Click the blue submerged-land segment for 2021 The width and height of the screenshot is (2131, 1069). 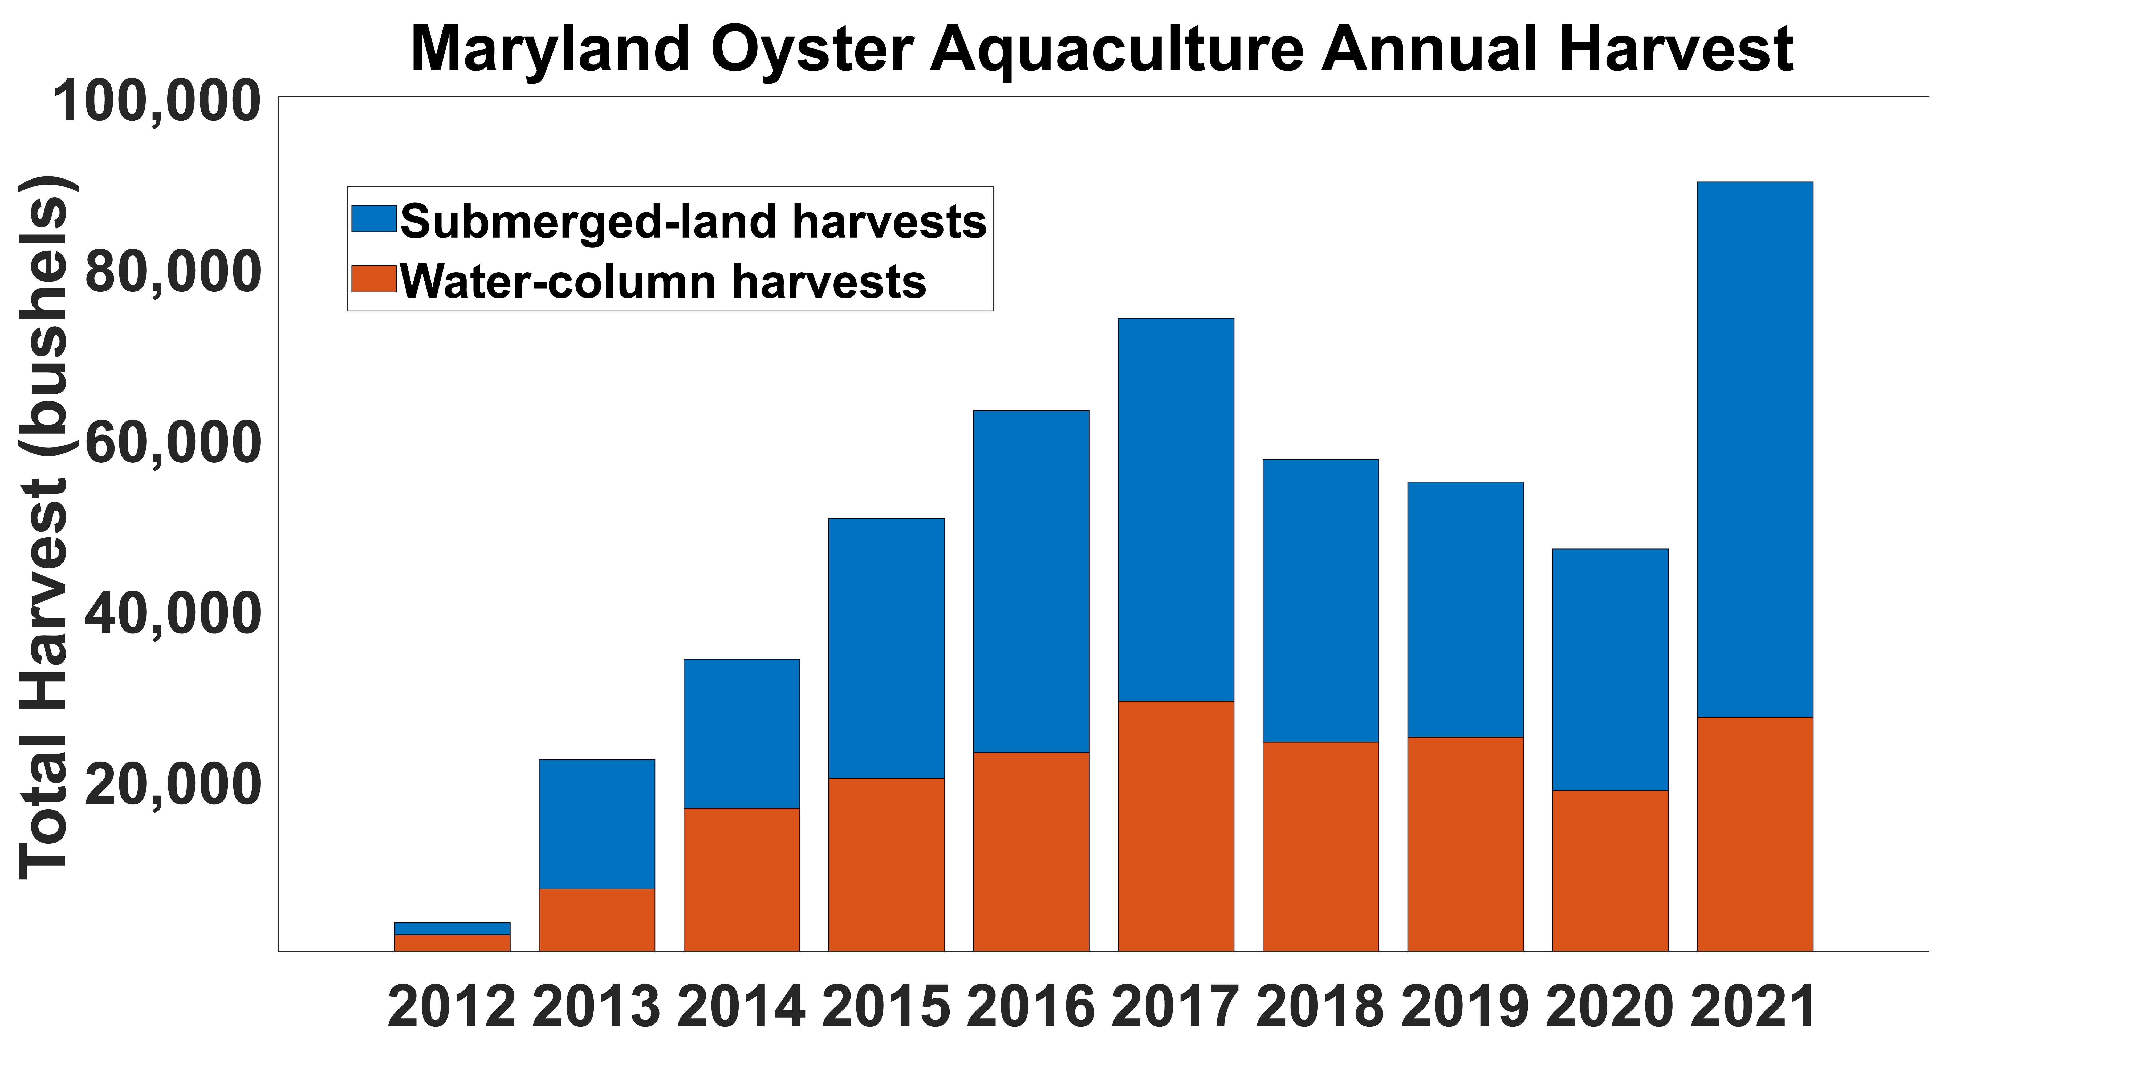1755,449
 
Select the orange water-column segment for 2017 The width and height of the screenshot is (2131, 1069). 1176,826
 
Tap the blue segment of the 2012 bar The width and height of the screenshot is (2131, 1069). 452,928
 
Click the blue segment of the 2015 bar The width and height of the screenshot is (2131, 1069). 886,648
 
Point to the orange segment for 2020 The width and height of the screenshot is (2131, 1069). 1610,871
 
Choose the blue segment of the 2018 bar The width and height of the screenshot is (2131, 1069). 1320,601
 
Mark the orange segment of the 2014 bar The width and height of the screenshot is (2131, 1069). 741,880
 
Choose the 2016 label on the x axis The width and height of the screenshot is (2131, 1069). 1031,1007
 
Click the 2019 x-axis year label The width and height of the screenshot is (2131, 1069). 1465,1007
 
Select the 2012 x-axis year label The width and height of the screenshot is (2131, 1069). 452,1007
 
